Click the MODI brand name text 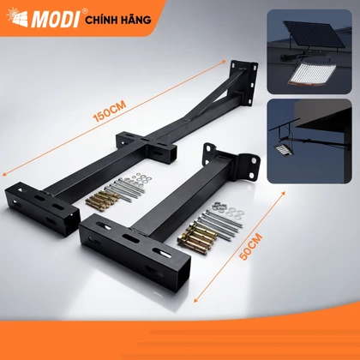point(56,19)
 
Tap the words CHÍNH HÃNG point(118,20)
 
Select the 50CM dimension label point(250,247)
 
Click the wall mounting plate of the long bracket point(243,81)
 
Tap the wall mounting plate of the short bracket point(231,159)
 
